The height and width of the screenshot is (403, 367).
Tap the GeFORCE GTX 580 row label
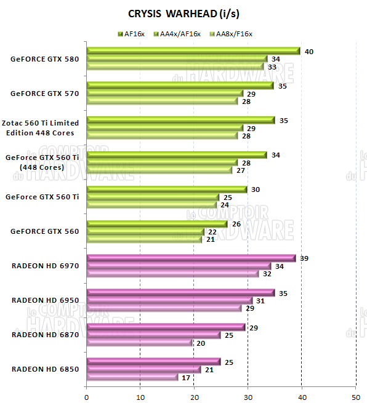45,60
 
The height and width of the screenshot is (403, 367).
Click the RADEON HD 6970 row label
46,266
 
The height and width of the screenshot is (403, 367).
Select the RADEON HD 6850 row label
46,369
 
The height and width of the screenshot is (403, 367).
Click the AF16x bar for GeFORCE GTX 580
193,51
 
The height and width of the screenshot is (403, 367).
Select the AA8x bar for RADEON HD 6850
132,377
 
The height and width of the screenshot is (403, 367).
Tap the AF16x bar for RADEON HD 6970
191,258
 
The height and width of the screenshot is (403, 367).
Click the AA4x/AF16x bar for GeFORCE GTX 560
145,231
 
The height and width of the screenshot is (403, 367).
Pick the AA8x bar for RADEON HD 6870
140,343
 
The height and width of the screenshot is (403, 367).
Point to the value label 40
309,52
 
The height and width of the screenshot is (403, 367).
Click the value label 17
187,377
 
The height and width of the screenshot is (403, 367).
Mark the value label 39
304,258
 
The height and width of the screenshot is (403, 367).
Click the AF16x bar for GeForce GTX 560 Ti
167,189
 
